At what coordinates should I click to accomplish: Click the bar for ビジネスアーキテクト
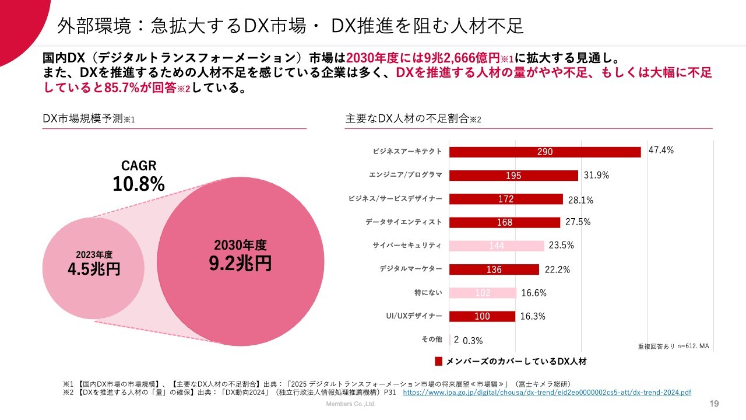(x=545, y=152)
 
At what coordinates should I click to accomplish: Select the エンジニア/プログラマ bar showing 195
(x=513, y=176)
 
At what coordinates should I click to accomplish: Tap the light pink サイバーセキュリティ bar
(x=497, y=246)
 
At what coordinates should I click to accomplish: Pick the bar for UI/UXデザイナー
(x=482, y=316)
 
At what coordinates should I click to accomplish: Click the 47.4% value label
(x=661, y=150)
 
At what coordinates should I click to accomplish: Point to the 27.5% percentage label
(x=578, y=222)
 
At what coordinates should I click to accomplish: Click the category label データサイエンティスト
(x=403, y=222)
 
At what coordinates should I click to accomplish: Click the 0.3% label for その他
(x=473, y=341)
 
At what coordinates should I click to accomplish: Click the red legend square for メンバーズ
(x=439, y=361)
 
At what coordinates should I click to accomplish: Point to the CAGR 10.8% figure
(x=139, y=184)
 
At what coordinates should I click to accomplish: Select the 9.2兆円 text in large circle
(x=240, y=263)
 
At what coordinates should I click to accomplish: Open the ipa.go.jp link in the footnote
(x=547, y=393)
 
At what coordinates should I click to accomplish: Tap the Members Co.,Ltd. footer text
(x=350, y=404)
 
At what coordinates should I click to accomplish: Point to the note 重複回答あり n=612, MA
(x=673, y=346)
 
